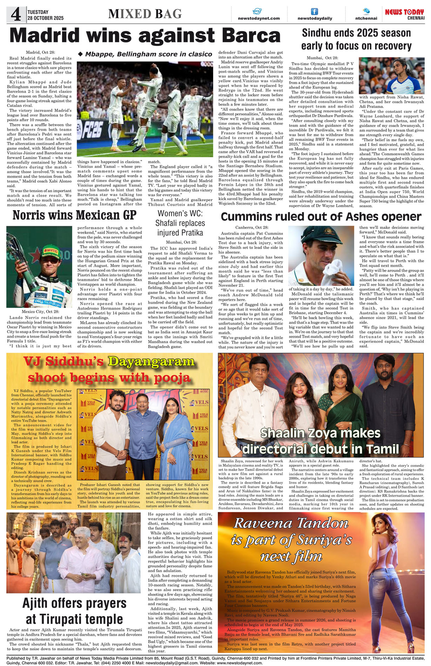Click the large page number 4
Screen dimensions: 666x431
pyautogui.click(x=16, y=14)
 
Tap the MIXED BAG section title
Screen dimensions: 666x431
pyautogui.click(x=145, y=14)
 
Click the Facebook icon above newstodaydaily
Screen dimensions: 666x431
pyautogui.click(x=315, y=12)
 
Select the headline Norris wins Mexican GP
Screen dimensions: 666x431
pyautogui.click(x=74, y=215)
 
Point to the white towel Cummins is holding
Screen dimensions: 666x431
pyautogui.click(x=332, y=270)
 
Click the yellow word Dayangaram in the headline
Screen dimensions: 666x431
pyautogui.click(x=151, y=361)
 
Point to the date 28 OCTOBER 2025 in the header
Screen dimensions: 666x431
pyautogui.click(x=46, y=18)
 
